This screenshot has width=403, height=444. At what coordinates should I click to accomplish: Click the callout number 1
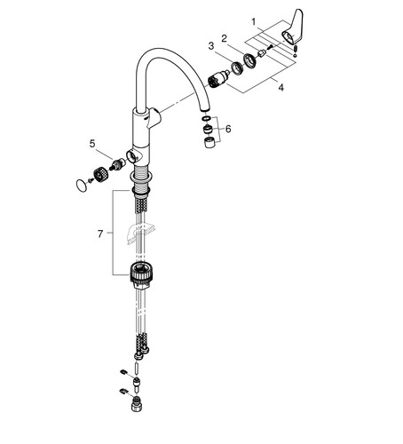[x=254, y=22]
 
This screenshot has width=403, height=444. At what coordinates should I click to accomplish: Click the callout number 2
[x=224, y=38]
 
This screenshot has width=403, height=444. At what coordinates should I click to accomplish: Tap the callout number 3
[x=211, y=46]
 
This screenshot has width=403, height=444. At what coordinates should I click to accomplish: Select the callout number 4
[x=281, y=88]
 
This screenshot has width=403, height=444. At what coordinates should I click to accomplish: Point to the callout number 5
[x=92, y=144]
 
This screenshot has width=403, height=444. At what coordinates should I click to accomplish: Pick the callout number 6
[x=228, y=129]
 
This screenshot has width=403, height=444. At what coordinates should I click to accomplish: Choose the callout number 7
[x=100, y=234]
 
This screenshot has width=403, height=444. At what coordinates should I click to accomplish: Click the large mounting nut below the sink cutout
[x=141, y=272]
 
